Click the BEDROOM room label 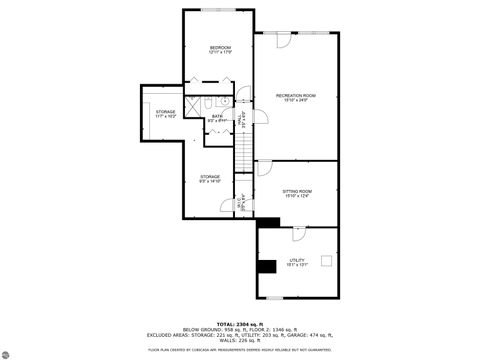[x=219, y=50]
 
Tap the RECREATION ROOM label [x=296, y=97]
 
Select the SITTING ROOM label [x=297, y=193]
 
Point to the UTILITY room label [x=296, y=262]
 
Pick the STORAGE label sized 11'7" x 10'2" [x=165, y=113]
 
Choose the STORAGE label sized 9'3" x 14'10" [x=209, y=179]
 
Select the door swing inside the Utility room [x=296, y=237]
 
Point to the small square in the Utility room [x=325, y=260]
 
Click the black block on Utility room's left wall [x=266, y=266]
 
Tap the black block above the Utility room [x=268, y=221]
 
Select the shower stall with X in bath [x=204, y=103]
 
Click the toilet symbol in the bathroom [x=226, y=101]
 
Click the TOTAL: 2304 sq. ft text [x=239, y=324]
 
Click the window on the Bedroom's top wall [x=218, y=10]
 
